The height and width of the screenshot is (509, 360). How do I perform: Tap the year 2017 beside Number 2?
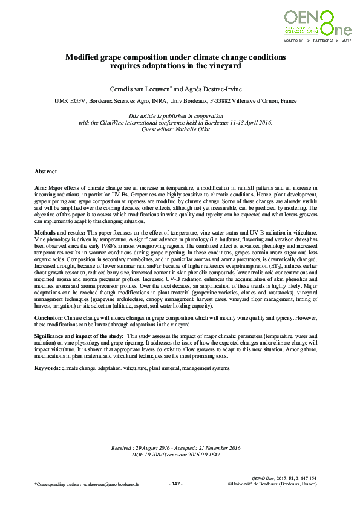(347, 41)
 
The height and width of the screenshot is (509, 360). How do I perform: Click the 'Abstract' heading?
(46, 172)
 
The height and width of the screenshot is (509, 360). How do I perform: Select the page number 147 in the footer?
(175, 484)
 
